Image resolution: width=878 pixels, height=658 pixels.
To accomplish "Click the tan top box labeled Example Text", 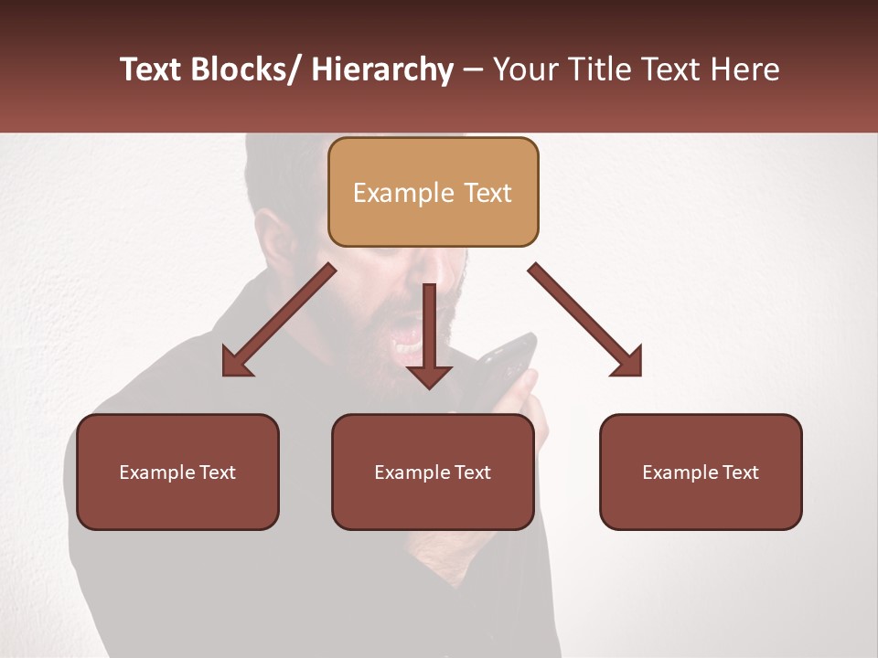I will click(x=433, y=192).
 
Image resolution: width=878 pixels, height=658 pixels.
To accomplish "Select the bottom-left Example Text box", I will click(x=177, y=472).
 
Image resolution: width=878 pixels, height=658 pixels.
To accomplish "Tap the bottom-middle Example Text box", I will click(x=433, y=472).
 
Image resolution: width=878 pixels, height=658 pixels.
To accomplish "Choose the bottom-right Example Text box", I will click(x=701, y=472).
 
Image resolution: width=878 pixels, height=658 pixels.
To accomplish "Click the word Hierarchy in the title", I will click(x=381, y=69).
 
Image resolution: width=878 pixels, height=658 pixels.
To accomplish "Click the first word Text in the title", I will click(x=151, y=69).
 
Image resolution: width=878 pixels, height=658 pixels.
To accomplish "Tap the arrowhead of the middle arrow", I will click(x=429, y=375).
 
